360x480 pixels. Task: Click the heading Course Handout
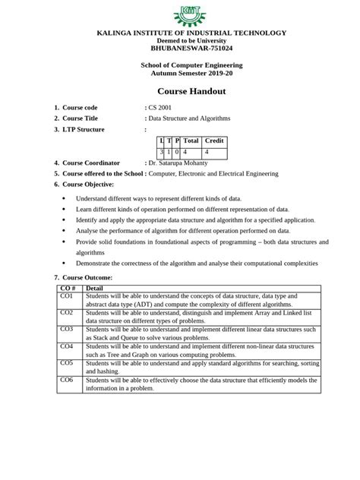[x=179, y=91]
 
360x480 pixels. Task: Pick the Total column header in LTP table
[x=191, y=141]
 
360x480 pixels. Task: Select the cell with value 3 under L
[x=161, y=152]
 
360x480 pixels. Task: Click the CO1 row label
[x=67, y=296]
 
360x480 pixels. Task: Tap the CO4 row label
[x=67, y=346]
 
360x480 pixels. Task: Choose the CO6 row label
[x=67, y=379]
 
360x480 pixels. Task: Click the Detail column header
[x=96, y=288]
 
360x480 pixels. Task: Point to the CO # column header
[x=68, y=288]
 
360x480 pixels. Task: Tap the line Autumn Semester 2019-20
[x=179, y=74]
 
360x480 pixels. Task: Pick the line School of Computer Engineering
[x=179, y=65]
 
